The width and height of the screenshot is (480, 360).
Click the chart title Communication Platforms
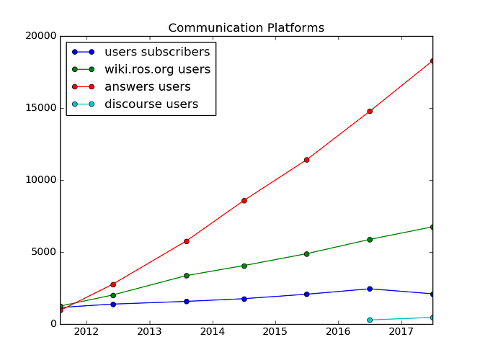click(x=246, y=28)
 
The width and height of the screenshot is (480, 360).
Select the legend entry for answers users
click(x=147, y=87)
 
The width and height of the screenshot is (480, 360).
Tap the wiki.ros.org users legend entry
click(x=157, y=69)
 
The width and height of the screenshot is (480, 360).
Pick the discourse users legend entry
click(x=151, y=104)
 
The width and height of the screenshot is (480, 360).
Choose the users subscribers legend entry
click(x=157, y=52)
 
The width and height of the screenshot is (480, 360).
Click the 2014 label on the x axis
click(x=213, y=332)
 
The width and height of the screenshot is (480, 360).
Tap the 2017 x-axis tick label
click(x=401, y=332)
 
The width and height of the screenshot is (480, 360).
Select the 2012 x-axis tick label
click(x=86, y=332)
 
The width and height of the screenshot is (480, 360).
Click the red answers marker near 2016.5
click(x=370, y=111)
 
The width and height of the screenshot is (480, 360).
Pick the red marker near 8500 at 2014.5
click(x=244, y=200)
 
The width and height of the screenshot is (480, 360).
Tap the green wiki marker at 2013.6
click(x=187, y=276)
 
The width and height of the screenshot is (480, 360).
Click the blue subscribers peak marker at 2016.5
click(x=370, y=289)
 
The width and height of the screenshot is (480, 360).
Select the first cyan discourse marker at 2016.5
click(x=370, y=320)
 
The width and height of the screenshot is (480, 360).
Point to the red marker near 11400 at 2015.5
click(x=307, y=160)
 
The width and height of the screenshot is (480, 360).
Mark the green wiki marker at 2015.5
click(x=307, y=253)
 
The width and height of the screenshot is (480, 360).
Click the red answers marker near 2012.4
click(x=113, y=284)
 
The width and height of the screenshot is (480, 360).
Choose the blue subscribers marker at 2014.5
click(x=244, y=299)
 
